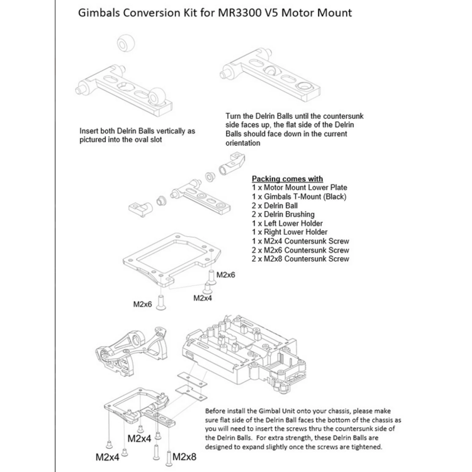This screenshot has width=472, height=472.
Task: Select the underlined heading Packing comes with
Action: pos(287,179)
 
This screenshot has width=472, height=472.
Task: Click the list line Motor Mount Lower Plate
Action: pos(299,188)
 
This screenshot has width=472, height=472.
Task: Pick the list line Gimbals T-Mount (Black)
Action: pos(299,197)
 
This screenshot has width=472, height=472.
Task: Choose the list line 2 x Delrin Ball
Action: pos(275,206)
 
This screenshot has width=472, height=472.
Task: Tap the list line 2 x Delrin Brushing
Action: pos(283,215)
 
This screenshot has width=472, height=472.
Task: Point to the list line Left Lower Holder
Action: pos(287,223)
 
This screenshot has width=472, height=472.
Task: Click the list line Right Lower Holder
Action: pos(289,232)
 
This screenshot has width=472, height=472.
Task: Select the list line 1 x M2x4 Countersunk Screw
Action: pos(301,241)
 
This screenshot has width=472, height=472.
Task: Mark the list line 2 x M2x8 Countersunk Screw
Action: pos(301,259)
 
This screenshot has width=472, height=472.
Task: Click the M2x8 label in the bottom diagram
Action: pos(184,457)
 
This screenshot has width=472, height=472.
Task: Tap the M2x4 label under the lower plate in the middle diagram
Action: pos(203,298)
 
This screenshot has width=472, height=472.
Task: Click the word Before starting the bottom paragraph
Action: pos(215,411)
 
